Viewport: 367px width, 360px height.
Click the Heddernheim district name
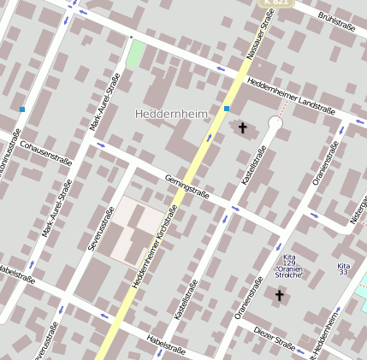[x=172, y=113]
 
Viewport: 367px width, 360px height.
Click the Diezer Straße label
[x=274, y=339]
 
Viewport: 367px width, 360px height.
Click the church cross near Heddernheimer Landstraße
[x=243, y=128]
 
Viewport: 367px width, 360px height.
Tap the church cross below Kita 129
[x=279, y=295]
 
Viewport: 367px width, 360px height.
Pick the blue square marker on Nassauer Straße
[x=227, y=109]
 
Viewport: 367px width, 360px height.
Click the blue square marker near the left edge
[x=22, y=109]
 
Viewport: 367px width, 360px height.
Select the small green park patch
[x=135, y=54]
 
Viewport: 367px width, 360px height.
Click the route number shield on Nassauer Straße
[x=282, y=3]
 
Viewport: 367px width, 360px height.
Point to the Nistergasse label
[x=358, y=210]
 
